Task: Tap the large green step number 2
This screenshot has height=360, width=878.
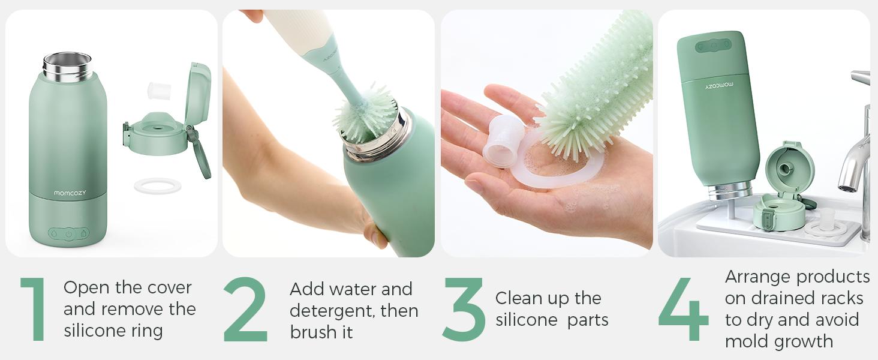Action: [x=245, y=309]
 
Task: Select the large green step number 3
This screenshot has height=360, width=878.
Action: [x=464, y=309]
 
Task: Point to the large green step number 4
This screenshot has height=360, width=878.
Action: [x=683, y=309]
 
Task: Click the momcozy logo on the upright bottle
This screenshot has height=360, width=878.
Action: [x=70, y=193]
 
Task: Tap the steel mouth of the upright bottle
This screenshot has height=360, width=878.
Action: [x=67, y=67]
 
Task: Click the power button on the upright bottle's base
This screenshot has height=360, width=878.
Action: [x=68, y=234]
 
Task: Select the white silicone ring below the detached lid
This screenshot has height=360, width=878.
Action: [x=158, y=186]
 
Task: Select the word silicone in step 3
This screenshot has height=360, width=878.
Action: [x=526, y=320]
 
